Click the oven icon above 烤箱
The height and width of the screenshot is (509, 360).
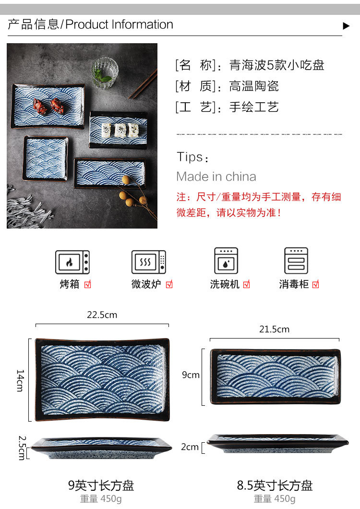click(72, 262)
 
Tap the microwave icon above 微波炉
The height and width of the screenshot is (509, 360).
click(149, 262)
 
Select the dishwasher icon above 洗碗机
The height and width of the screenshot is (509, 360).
click(226, 261)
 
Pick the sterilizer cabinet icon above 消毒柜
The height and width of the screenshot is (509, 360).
click(296, 261)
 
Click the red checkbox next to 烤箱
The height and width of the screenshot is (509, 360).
click(87, 284)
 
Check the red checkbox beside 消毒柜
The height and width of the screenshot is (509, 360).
click(315, 284)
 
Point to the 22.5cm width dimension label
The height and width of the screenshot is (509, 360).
click(102, 315)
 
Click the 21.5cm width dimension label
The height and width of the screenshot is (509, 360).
click(275, 329)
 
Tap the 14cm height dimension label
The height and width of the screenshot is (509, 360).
click(20, 380)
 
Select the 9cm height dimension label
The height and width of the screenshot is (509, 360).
click(191, 375)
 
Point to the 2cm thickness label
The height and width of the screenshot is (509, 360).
click(190, 447)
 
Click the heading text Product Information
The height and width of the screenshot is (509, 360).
click(119, 24)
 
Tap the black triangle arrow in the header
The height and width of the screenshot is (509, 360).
click(346, 26)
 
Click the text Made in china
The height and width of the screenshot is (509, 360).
click(216, 177)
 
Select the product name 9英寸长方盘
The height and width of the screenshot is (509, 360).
click(101, 485)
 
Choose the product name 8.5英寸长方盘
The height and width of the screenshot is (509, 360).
click(275, 485)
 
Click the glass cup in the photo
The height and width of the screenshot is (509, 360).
click(105, 73)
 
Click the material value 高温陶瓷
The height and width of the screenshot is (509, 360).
click(254, 86)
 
